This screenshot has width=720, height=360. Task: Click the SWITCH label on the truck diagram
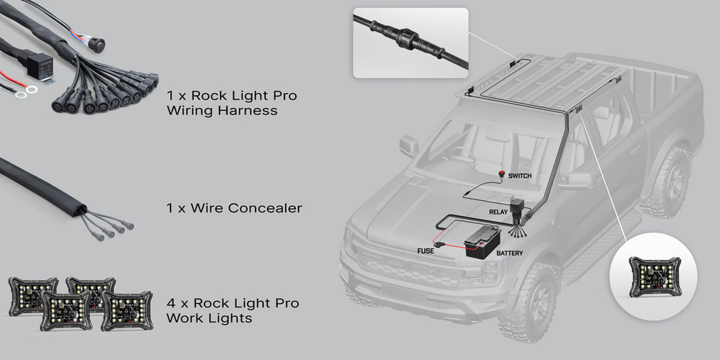click(520, 176)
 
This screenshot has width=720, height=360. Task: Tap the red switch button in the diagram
click(502, 175)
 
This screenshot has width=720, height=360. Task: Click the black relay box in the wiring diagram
click(518, 207)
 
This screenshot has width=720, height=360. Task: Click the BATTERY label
click(510, 253)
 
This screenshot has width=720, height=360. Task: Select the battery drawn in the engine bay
click(482, 243)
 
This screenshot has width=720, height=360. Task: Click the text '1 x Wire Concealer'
click(234, 208)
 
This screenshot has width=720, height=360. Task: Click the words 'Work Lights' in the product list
click(210, 318)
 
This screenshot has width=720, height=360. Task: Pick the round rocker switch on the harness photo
click(96, 44)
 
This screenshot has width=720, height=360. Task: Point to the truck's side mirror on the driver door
click(409, 145)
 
